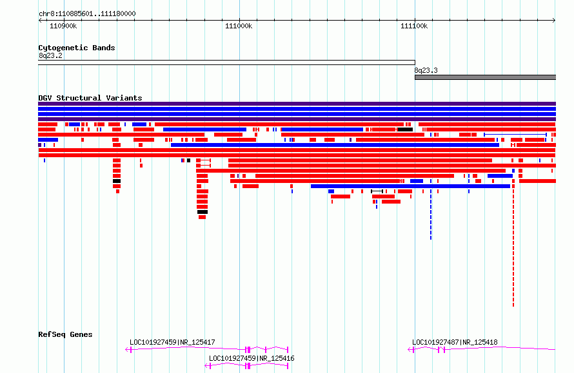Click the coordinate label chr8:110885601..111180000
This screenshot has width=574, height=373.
tap(87, 14)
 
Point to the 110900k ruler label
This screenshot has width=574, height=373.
tap(63, 26)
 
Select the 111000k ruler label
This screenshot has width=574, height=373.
tap(239, 26)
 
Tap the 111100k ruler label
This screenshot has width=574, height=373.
tap(414, 26)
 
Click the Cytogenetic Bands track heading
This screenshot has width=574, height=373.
tap(77, 48)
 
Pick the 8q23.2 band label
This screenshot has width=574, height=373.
tap(50, 55)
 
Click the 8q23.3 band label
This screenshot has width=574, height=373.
tap(426, 71)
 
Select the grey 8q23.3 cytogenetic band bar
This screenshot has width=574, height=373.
tap(485, 77)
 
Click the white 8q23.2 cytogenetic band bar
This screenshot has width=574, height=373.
tap(226, 62)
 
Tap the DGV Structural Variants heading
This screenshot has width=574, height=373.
tap(90, 98)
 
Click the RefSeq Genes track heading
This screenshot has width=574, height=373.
tap(65, 334)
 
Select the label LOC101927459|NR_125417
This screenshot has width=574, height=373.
tap(172, 342)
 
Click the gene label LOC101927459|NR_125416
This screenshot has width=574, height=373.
tap(252, 358)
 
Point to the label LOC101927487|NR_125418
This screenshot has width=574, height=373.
tap(455, 342)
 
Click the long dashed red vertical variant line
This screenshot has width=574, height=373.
tap(513, 245)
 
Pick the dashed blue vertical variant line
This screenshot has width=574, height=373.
tap(431, 215)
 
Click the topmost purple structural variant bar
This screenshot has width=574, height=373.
tap(297, 104)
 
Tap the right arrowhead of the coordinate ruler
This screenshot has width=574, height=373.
tap(554, 21)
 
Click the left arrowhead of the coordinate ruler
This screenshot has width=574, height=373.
tap(40, 21)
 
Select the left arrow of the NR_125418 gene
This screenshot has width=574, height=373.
tap(410, 350)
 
